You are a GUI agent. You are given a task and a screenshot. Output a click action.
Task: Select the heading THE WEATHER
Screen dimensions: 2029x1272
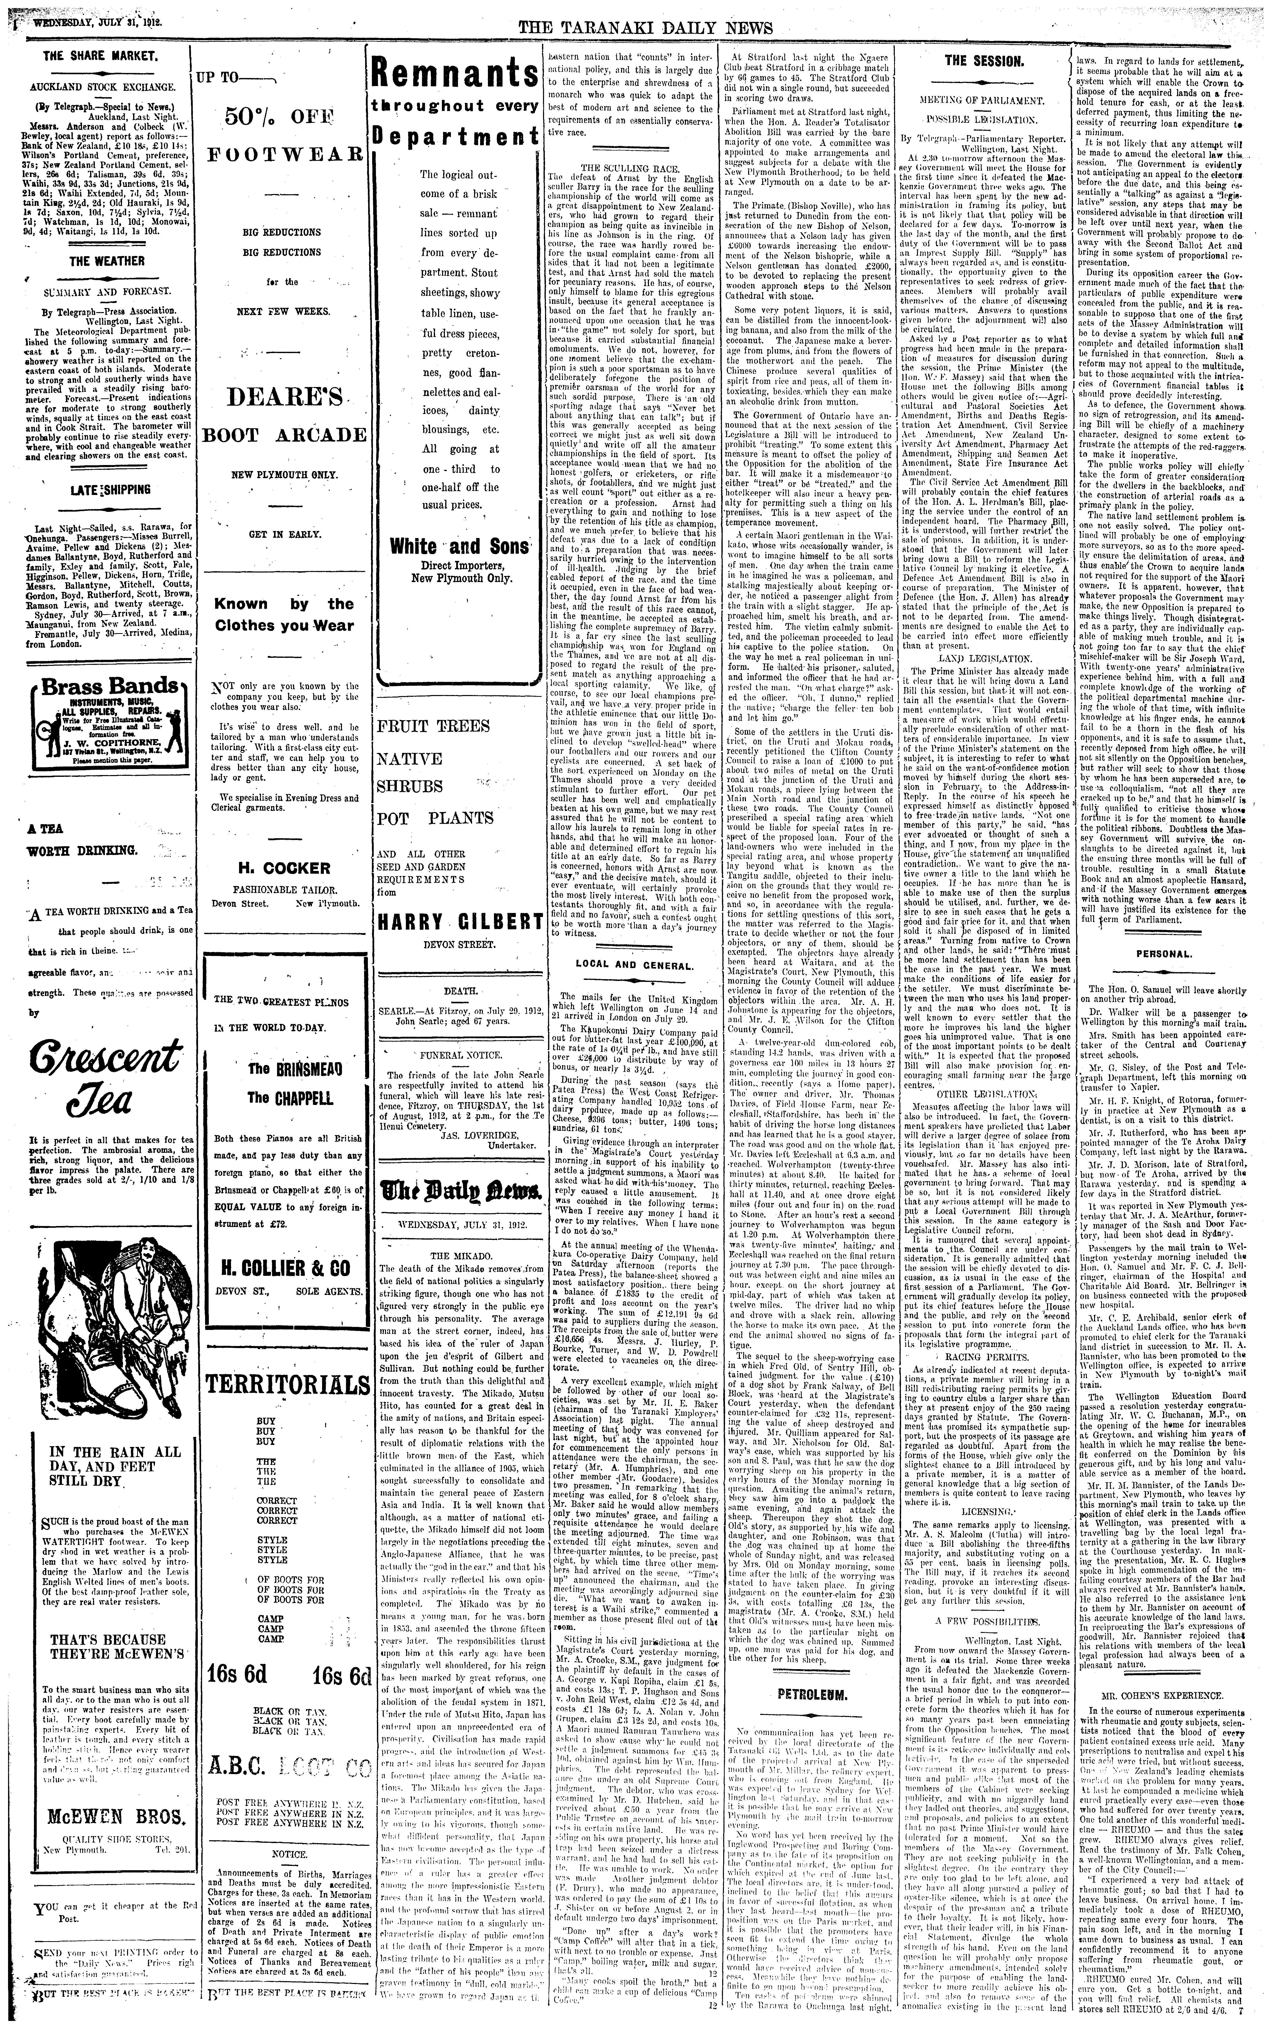tap(107, 261)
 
